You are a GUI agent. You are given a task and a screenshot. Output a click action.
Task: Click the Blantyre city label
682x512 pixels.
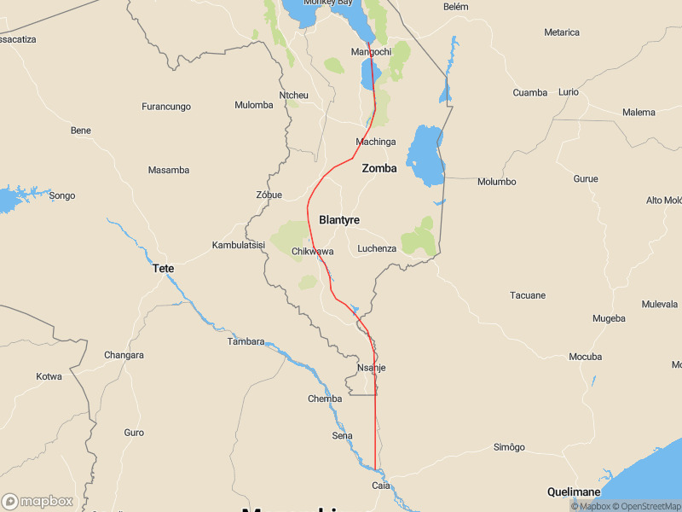[338, 220]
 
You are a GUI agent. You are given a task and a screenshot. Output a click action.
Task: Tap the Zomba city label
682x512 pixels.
[379, 168]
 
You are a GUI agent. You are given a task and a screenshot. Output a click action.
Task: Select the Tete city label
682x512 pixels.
[163, 269]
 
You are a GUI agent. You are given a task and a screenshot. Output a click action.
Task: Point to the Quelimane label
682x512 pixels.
[574, 492]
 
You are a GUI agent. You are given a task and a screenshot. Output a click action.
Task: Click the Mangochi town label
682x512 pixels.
[371, 52]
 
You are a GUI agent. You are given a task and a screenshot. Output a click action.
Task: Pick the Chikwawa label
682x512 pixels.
[312, 252]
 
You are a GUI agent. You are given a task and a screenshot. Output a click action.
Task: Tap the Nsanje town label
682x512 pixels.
[371, 368]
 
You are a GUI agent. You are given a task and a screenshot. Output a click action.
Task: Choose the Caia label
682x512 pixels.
[381, 486]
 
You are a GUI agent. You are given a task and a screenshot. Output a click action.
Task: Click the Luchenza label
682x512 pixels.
[377, 248]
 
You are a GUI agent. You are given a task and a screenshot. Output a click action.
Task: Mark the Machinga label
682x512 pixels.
[376, 142]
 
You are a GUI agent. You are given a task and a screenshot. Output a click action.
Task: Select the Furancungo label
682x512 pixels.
[165, 107]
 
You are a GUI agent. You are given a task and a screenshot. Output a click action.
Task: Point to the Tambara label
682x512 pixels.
[246, 341]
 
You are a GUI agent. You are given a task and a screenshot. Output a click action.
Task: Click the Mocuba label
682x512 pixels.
[585, 357]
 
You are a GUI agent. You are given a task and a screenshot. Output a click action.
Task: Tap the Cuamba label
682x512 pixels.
[529, 92]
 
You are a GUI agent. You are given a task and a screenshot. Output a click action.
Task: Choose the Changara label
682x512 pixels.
[124, 355]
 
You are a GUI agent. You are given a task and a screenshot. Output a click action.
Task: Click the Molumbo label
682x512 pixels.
[496, 182]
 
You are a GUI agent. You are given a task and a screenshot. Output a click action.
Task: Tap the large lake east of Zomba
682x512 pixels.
[425, 155]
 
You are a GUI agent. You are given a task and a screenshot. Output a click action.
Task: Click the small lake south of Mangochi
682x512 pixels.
[371, 75]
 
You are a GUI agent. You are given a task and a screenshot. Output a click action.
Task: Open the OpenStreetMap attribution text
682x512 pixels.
[646, 506]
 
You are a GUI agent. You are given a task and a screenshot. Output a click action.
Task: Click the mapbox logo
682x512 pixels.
[38, 502]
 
